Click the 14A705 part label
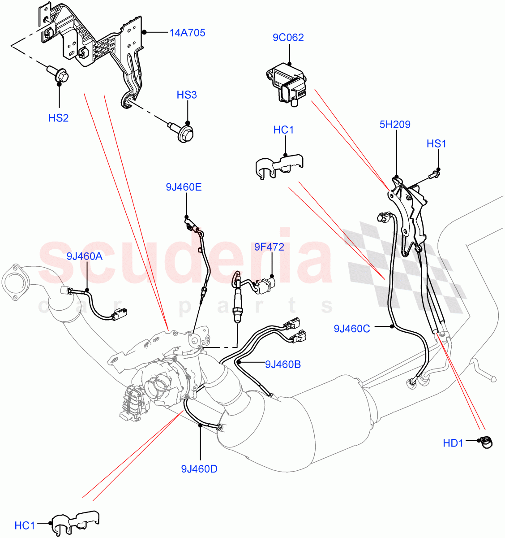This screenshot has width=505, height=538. click(187, 33)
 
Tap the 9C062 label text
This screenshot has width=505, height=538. click(288, 38)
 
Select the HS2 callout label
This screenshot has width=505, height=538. click(58, 118)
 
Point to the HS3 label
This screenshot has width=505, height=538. click(187, 95)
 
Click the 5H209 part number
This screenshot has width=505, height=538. click(395, 125)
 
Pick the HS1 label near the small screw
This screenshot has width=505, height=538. click(437, 144)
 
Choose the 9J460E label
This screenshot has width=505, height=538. click(184, 187)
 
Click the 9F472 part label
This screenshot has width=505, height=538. click(269, 247)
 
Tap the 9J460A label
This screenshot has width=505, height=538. click(85, 256)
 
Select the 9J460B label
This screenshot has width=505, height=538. click(282, 364)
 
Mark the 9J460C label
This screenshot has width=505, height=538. click(351, 329)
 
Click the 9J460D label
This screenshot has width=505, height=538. click(199, 469)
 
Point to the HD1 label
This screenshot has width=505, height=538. click(453, 443)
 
